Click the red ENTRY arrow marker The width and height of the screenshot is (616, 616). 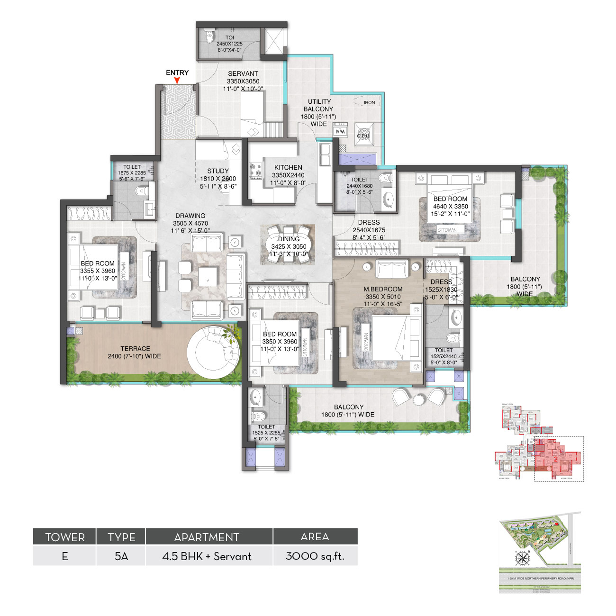point(177,81)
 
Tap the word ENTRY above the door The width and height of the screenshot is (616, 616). point(177,72)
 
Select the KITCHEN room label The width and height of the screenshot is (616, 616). point(288,167)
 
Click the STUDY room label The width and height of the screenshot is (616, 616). point(218,171)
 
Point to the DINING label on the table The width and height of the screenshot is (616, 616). point(289,239)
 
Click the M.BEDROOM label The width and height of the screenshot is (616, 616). point(383,289)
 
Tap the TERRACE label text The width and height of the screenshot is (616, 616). point(135,349)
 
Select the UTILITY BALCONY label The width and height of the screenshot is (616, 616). point(319,105)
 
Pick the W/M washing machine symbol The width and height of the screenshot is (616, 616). point(340,131)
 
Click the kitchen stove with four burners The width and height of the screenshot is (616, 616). point(256,172)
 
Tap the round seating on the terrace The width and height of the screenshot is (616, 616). point(212,351)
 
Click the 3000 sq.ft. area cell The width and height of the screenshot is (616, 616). point(315,556)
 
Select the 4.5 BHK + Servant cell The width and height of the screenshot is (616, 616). point(207,556)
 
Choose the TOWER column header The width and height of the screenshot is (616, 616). point(65,537)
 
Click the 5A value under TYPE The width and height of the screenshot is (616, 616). point(121,556)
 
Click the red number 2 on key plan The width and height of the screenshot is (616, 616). point(555,459)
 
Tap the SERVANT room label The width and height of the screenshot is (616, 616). point(243,73)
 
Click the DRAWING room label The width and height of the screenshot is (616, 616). point(190,216)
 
